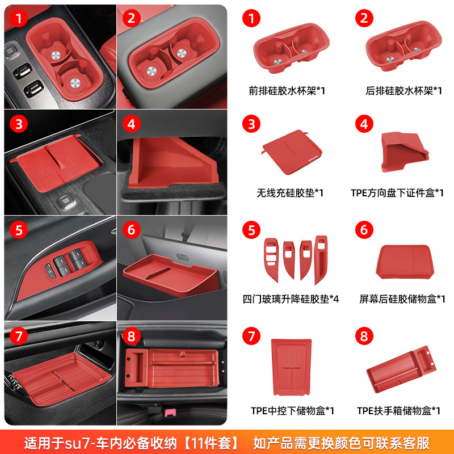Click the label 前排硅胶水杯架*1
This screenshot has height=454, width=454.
coord(287,91)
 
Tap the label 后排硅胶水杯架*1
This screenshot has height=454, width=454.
coord(403,91)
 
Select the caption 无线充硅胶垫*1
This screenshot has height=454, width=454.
coord(290,193)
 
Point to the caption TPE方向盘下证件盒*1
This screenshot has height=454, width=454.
coord(397,193)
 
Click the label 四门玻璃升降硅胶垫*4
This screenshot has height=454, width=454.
coord(291,299)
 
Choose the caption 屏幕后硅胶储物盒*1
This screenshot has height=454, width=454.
coord(402,299)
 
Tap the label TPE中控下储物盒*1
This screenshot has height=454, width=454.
coord(292,410)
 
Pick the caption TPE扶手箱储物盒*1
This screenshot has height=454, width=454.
coord(399,410)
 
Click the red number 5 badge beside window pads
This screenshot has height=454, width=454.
coord(251,230)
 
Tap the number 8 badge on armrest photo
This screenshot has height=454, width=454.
coord(132,336)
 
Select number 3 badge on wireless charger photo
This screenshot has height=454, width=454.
coord(19,124)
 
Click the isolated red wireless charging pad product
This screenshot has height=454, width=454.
coord(292,152)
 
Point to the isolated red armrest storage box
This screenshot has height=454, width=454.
coord(401,369)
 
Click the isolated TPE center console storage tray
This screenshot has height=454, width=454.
coord(292,367)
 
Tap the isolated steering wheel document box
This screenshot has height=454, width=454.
coord(405,152)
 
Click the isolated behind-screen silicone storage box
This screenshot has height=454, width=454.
coord(405,262)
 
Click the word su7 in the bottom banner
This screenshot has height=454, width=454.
coord(75,443)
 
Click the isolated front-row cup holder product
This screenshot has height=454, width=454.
coord(291,48)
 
